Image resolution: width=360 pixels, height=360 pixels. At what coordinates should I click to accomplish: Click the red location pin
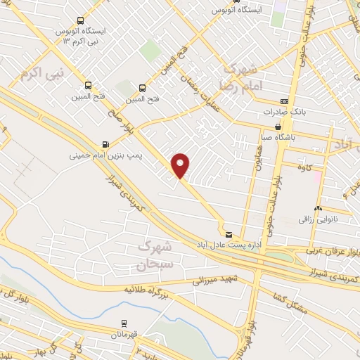(x=181, y=165)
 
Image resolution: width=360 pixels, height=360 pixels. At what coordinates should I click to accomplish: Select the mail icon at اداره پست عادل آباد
(x=228, y=233)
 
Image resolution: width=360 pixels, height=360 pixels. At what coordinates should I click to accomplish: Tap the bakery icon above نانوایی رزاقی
(x=318, y=208)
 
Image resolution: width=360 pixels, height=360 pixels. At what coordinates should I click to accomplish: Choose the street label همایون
(x=257, y=165)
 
